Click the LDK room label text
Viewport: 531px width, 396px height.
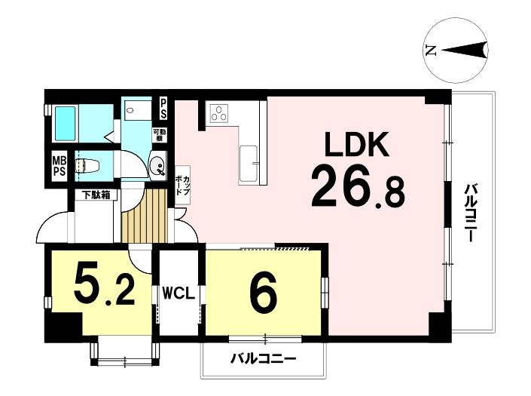pyautogui.click(x=356, y=144)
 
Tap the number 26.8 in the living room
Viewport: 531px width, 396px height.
pyautogui.click(x=358, y=188)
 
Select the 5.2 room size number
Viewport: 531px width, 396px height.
pyautogui.click(x=104, y=285)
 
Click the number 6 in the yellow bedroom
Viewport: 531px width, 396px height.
pyautogui.click(x=264, y=293)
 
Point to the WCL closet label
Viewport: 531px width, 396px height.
pyautogui.click(x=179, y=293)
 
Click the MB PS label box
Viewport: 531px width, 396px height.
pyautogui.click(x=60, y=165)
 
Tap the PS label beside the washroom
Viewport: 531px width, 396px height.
pyautogui.click(x=163, y=109)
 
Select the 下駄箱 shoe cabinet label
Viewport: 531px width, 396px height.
pyautogui.click(x=96, y=195)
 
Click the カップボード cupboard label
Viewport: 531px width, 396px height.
pyautogui.click(x=182, y=185)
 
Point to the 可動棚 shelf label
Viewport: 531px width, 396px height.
pyautogui.click(x=159, y=135)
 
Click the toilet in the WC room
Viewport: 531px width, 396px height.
pyautogui.click(x=87, y=166)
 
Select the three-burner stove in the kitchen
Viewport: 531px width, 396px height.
pyautogui.click(x=218, y=113)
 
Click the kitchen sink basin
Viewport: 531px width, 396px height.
pyautogui.click(x=249, y=164)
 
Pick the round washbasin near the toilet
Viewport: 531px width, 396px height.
pyautogui.click(x=157, y=166)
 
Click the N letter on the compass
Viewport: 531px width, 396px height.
pyautogui.click(x=431, y=51)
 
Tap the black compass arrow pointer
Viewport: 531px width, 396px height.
pyautogui.click(x=464, y=51)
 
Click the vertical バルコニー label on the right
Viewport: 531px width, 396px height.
pyautogui.click(x=471, y=213)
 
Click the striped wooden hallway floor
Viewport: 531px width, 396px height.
pyautogui.click(x=145, y=216)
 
